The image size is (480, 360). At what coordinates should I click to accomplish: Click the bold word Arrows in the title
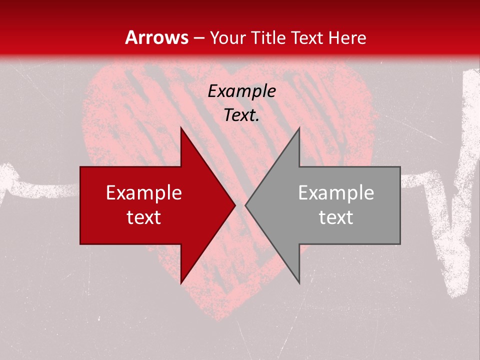click(156, 37)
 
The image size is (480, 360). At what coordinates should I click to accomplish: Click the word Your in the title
click(227, 37)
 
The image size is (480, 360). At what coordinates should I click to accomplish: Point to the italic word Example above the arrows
click(241, 91)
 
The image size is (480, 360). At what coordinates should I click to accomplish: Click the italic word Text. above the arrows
click(241, 115)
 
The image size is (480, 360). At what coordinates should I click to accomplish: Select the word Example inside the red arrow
click(144, 192)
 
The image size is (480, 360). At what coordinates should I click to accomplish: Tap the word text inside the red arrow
click(144, 217)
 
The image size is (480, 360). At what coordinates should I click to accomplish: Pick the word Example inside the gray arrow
click(336, 192)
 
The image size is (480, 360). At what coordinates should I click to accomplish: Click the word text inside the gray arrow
click(336, 217)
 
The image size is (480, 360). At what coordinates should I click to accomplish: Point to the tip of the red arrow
click(235, 205)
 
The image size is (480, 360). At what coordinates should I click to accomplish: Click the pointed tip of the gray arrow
click(245, 205)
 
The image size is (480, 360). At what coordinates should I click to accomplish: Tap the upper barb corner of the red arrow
click(180, 128)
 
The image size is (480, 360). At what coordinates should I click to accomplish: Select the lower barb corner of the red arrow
click(180, 283)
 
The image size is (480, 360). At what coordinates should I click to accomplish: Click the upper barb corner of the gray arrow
click(299, 128)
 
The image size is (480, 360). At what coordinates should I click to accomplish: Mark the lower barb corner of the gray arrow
click(299, 283)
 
